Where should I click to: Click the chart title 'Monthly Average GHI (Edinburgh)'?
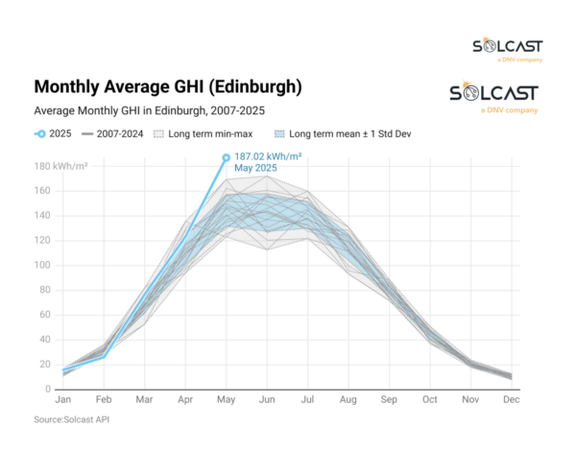click(167, 87)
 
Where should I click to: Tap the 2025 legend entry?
click(54, 133)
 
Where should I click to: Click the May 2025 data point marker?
click(227, 157)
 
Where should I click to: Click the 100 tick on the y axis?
click(43, 265)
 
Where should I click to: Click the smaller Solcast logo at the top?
click(507, 50)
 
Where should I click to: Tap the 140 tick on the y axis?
click(43, 216)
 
